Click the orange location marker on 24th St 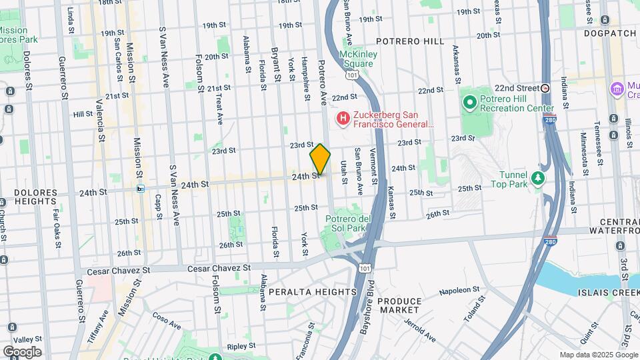point(320,159)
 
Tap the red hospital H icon point(343,119)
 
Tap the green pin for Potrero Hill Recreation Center point(469,103)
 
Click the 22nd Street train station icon point(545,88)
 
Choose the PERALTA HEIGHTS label point(313,292)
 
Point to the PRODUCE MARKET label point(399,305)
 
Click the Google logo point(21,351)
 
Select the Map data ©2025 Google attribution point(598,355)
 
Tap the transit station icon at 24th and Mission point(141,189)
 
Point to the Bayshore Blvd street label point(365,319)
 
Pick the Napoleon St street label point(460,292)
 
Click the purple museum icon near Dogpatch point(616,88)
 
